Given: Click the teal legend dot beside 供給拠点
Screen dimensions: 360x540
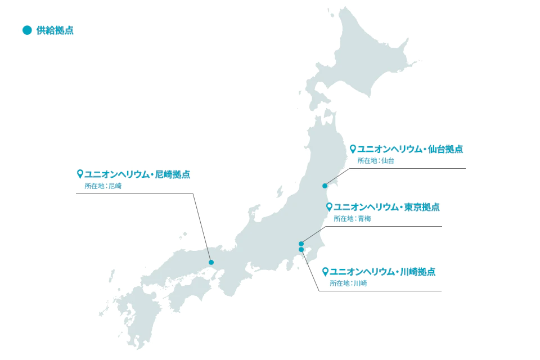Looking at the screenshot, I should (27, 30).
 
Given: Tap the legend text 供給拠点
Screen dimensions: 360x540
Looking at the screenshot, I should (55, 30).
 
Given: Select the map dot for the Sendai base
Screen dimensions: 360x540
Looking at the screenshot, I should (325, 186).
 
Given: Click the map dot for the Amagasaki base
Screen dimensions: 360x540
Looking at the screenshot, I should (211, 262).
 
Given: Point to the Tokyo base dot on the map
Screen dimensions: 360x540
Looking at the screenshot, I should (301, 244).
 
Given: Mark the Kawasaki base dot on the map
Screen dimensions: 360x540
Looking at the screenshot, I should (301, 249).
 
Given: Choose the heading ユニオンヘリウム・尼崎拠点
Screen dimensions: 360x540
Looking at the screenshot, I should (137, 174).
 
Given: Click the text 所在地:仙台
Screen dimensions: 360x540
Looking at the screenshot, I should (376, 161).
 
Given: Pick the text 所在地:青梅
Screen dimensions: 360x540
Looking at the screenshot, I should (352, 219).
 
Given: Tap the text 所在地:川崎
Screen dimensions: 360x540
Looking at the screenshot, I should (348, 283).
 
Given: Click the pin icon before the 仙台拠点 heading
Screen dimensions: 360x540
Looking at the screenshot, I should (353, 149).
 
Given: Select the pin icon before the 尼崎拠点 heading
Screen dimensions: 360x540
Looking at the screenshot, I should (80, 174).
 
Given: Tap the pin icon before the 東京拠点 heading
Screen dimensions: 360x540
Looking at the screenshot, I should (329, 207).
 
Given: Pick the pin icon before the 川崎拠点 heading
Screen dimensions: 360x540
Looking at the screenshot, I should (325, 272).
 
